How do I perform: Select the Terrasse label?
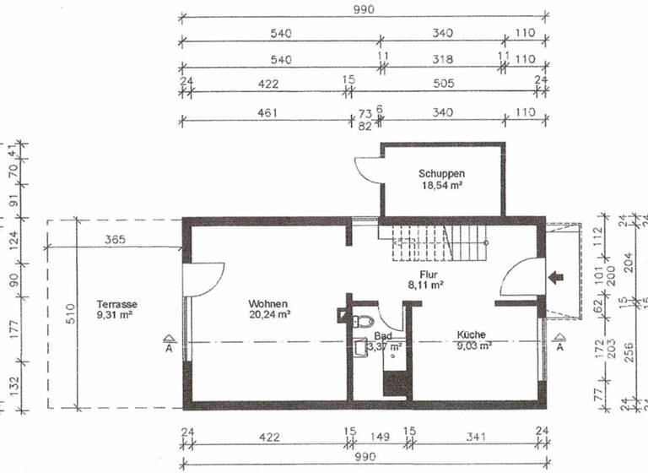(117, 304)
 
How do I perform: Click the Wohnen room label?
(268, 303)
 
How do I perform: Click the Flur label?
(426, 275)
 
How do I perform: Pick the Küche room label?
(472, 334)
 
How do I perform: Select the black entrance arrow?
(555, 276)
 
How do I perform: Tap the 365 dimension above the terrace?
(116, 240)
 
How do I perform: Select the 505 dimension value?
(444, 83)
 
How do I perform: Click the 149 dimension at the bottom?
(379, 438)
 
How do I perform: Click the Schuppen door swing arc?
(365, 169)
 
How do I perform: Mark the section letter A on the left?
(170, 345)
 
